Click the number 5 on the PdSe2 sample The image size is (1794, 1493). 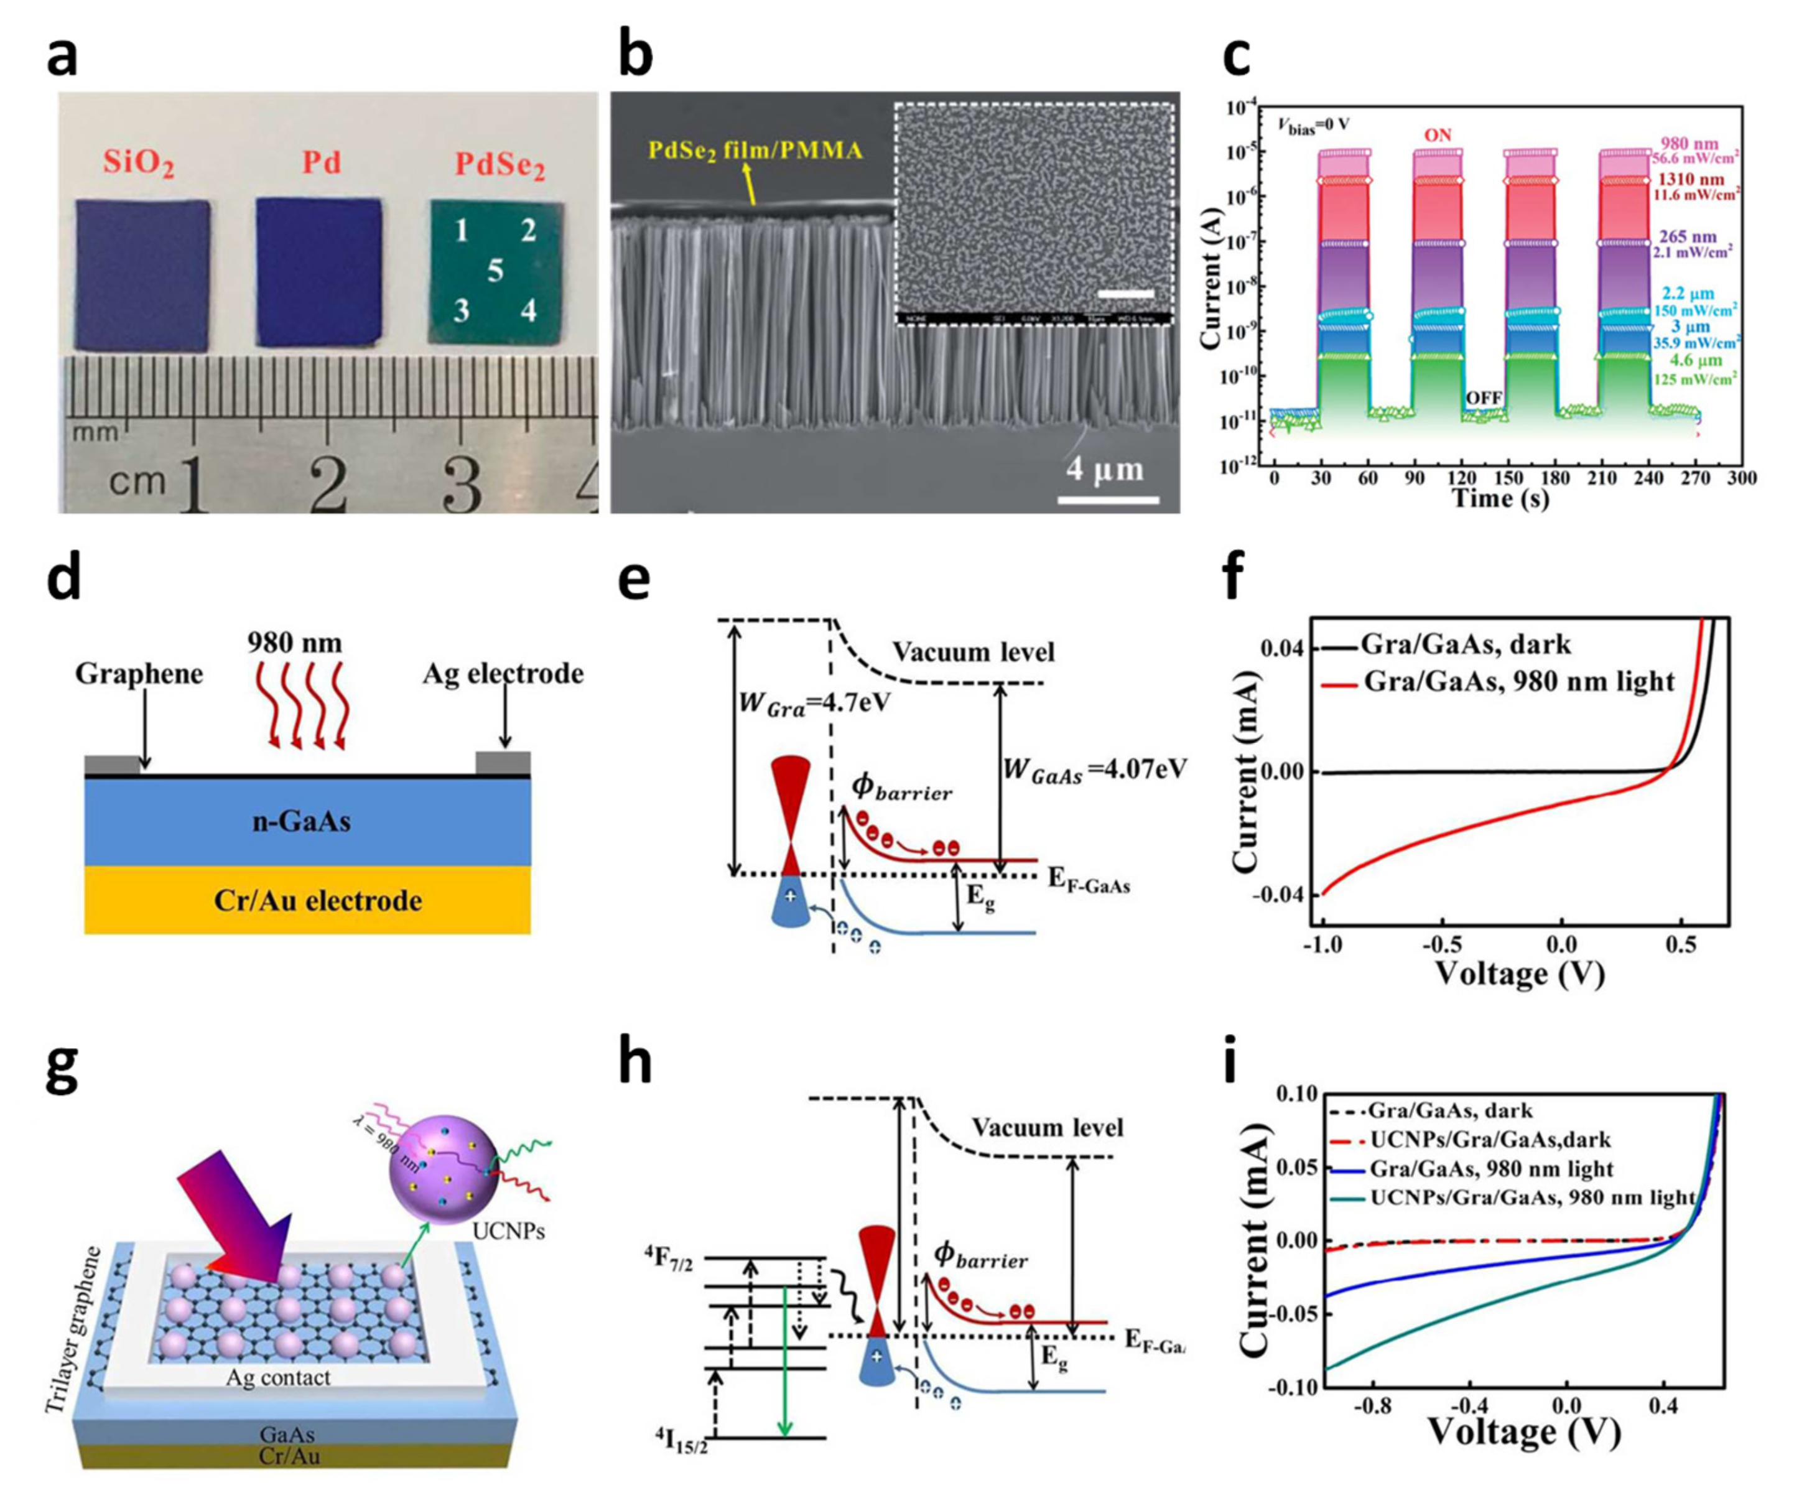point(495,271)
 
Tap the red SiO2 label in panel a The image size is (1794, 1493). point(139,162)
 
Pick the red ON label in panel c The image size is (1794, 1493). point(1438,136)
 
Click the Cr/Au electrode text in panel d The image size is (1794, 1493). point(318,900)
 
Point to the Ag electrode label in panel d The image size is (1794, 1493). point(503,674)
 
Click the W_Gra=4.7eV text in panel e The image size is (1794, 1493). point(802,702)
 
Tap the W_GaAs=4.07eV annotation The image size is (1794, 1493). point(1094,770)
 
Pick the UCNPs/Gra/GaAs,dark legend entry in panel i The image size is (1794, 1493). point(1490,1140)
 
